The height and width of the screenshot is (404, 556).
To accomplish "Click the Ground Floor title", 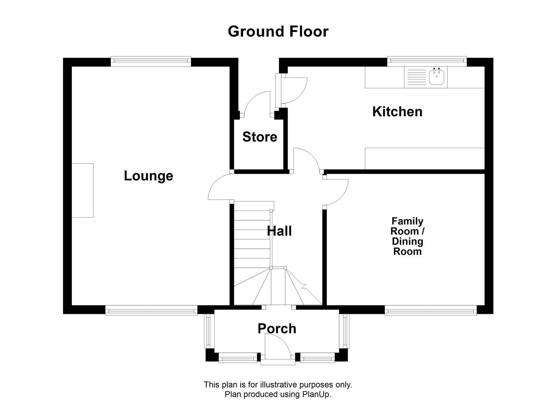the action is [278, 31].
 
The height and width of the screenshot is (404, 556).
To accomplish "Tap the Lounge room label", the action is [148, 176].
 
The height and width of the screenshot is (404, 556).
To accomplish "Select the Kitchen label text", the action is [397, 111].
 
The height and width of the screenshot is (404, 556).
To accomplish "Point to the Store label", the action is [259, 137].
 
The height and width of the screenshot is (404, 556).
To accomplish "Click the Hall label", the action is [279, 231].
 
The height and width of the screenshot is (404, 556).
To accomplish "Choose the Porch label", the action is [277, 328].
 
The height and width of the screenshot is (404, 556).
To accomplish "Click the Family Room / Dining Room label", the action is [407, 236].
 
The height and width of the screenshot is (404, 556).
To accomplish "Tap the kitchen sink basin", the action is [437, 77].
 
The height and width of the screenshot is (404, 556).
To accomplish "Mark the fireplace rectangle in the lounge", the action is [83, 190].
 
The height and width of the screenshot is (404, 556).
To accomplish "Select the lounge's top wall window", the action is [151, 61].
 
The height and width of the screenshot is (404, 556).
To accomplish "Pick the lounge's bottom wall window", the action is [151, 310].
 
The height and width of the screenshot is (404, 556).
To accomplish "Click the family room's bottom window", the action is [431, 310].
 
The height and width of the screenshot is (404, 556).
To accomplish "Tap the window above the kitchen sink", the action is [427, 61].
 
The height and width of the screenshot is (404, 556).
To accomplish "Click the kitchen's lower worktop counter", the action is [425, 159].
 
